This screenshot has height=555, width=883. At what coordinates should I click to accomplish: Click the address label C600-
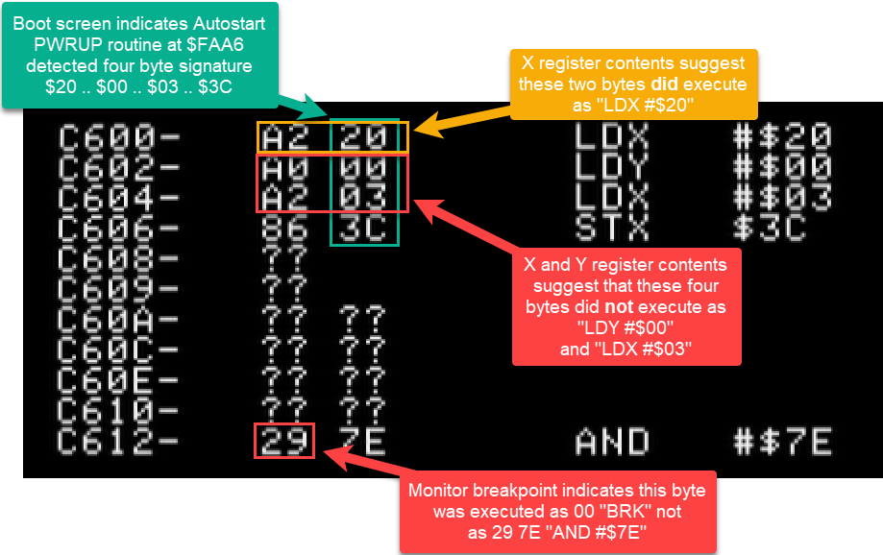pyautogui.click(x=119, y=137)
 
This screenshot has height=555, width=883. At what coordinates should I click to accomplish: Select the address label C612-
pyautogui.click(x=119, y=442)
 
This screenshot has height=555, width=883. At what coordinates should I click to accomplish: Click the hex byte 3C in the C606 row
pyautogui.click(x=363, y=229)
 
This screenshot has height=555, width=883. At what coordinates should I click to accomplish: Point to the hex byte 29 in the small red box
pyautogui.click(x=284, y=442)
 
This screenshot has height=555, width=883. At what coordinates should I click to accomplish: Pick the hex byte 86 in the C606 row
pyautogui.click(x=284, y=229)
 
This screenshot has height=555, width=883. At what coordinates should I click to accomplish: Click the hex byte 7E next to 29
pyautogui.click(x=363, y=442)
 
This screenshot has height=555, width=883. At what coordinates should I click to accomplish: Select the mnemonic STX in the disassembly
pyautogui.click(x=612, y=229)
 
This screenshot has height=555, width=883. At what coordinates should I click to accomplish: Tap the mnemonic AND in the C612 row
pyautogui.click(x=612, y=442)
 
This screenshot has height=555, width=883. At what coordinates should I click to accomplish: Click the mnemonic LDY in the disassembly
pyautogui.click(x=612, y=168)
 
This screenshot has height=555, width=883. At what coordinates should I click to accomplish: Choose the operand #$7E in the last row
pyautogui.click(x=783, y=442)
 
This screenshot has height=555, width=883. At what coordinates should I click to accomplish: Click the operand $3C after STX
pyautogui.click(x=770, y=229)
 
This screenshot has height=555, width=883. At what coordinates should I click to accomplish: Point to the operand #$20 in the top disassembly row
pyautogui.click(x=783, y=137)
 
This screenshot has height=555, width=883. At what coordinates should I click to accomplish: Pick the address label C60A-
pyautogui.click(x=119, y=320)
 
